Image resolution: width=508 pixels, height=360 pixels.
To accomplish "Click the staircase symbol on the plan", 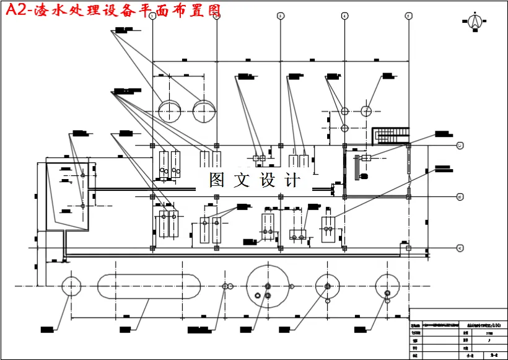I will click(x=392, y=133).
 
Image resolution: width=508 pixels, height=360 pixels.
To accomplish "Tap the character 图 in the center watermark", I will click(x=217, y=180).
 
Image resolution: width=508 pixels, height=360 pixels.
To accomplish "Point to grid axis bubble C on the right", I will click(x=460, y=146).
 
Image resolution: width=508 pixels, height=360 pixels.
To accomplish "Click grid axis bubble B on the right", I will click(x=460, y=196).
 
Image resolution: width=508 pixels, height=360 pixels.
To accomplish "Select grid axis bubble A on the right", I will click(x=460, y=248).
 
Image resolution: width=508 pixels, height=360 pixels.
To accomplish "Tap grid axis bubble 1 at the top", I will click(x=152, y=16).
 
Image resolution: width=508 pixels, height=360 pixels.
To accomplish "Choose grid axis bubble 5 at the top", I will click(x=408, y=16).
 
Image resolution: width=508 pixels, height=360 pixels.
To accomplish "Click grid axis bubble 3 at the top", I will click(x=280, y=16).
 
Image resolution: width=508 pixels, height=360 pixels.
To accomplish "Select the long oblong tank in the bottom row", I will click(x=149, y=286).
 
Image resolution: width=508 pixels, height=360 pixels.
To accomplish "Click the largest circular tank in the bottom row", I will click(x=268, y=286).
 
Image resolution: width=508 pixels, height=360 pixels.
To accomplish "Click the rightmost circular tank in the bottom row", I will click(x=388, y=286).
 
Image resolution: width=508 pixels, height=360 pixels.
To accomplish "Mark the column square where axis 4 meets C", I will click(x=344, y=146).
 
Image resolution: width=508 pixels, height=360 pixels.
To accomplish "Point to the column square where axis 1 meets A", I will click(x=152, y=248).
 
